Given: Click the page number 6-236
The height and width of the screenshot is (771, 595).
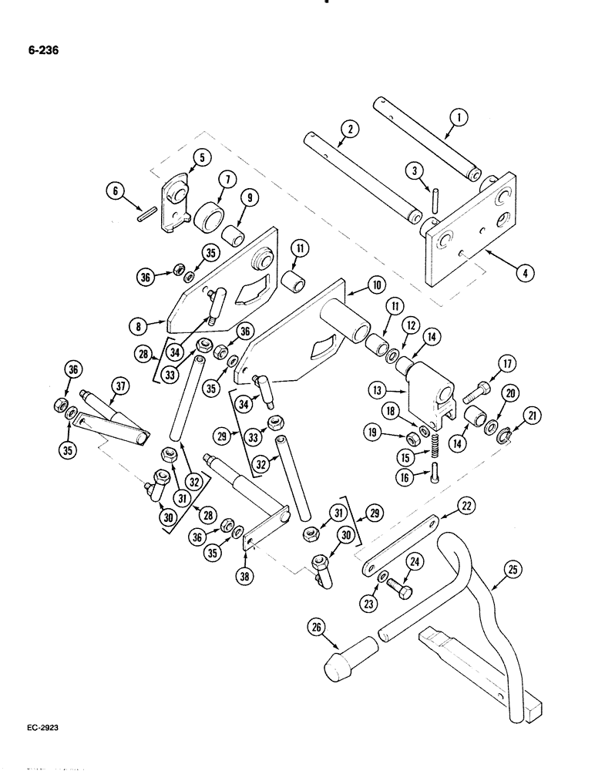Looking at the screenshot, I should point(41,52).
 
